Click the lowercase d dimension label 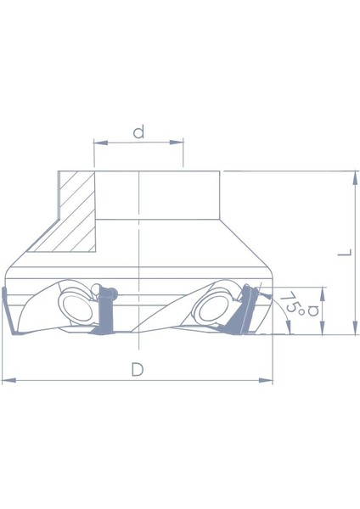click(x=138, y=132)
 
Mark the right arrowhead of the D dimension click(x=269, y=381)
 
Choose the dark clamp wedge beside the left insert click(x=106, y=314)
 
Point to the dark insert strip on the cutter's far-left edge click(x=6, y=310)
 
